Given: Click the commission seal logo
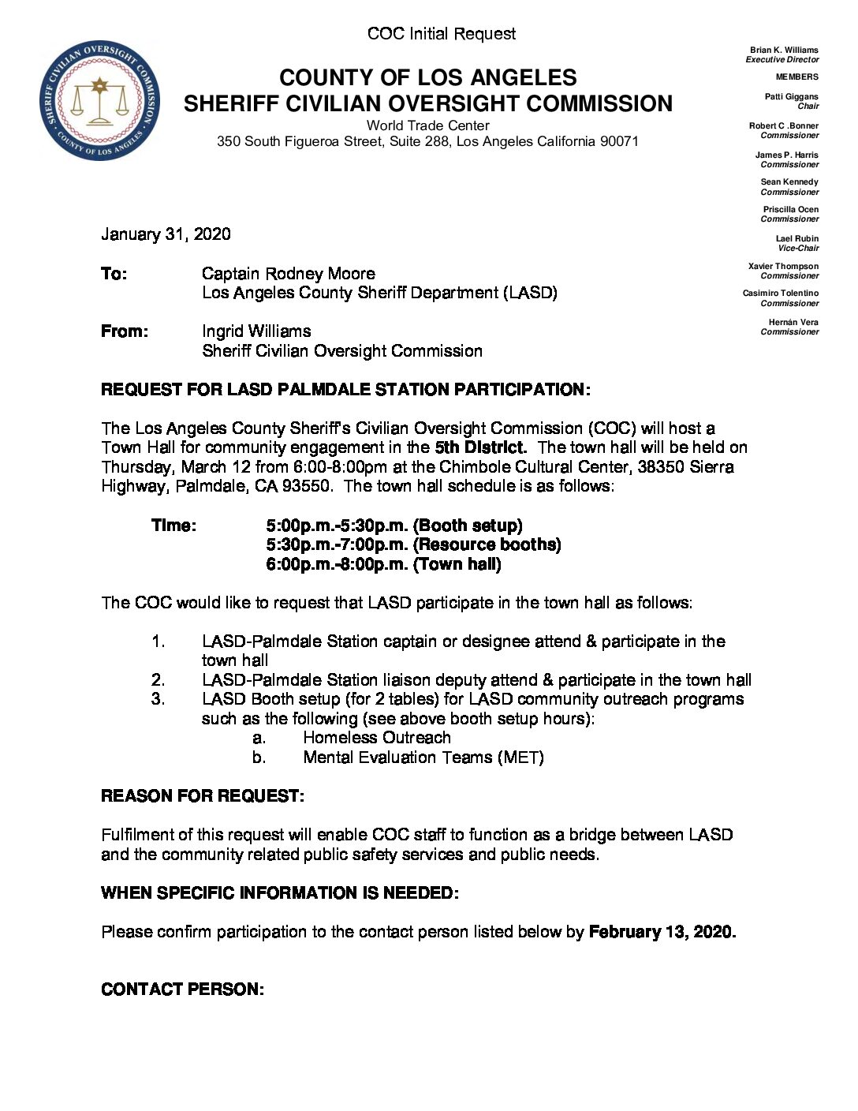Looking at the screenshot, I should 99,100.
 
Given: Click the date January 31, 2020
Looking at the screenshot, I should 166,234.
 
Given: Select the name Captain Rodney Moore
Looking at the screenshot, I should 288,274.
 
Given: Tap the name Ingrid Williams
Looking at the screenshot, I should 256,331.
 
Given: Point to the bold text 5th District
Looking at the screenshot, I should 480,447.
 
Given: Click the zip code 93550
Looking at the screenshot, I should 307,486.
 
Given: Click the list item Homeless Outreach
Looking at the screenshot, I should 377,738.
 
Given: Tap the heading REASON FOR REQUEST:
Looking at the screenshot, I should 203,796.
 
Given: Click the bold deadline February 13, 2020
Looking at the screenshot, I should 662,932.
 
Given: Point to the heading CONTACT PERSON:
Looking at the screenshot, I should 182,989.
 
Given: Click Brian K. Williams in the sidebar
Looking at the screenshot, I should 784,50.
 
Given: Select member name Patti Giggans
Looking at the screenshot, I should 791,96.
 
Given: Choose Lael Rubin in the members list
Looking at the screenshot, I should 796,238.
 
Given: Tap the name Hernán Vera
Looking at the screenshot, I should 793,322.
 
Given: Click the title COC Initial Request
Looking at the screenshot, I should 442,34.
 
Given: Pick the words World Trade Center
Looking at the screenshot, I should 427,125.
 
